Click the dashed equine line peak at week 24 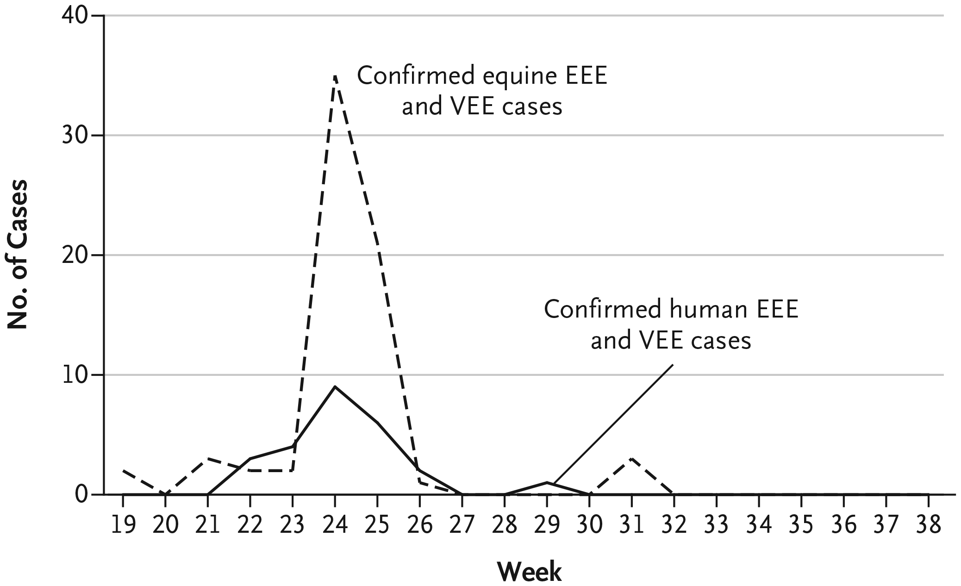(x=335, y=76)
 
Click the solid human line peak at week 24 (x=335, y=387)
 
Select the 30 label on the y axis (x=75, y=136)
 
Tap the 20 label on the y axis (x=75, y=255)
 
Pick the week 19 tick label (x=123, y=525)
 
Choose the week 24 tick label (x=335, y=525)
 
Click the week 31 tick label (x=631, y=525)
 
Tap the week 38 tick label (x=928, y=525)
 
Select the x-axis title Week (x=530, y=572)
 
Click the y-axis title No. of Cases (x=18, y=254)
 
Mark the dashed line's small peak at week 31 (x=631, y=459)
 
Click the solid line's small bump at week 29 (x=547, y=482)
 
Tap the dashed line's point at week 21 (x=208, y=458)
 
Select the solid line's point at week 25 (x=377, y=423)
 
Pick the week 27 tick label (x=462, y=525)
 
